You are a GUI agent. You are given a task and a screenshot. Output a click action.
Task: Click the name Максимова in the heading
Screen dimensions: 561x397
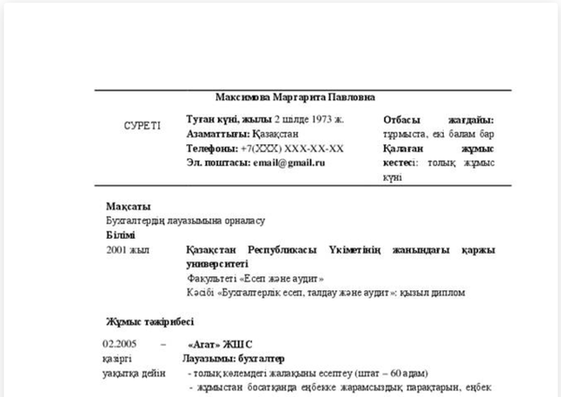tap(244, 96)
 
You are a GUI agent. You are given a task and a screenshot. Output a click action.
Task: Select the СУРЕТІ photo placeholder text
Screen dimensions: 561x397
tap(142, 125)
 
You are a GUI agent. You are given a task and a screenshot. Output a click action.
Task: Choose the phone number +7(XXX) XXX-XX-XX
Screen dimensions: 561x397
tap(292, 148)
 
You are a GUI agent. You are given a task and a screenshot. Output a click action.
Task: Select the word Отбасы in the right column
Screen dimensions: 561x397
tap(405, 120)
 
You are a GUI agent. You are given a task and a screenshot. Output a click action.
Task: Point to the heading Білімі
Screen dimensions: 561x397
tap(121, 235)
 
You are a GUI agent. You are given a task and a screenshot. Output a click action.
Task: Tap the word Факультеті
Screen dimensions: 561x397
tap(214, 278)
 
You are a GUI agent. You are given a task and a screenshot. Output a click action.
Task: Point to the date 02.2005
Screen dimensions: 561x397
tap(122, 345)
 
